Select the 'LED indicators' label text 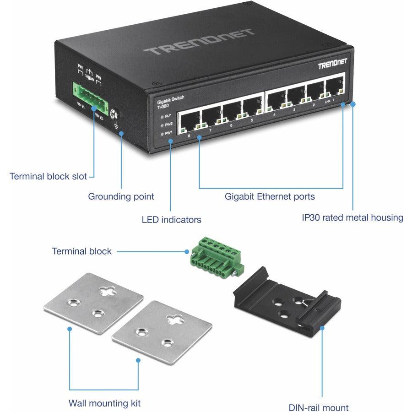click(x=171, y=220)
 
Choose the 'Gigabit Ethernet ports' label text click(x=269, y=196)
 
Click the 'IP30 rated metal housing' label click(x=352, y=217)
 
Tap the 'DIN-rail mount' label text click(x=319, y=407)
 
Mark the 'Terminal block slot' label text click(x=48, y=176)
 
